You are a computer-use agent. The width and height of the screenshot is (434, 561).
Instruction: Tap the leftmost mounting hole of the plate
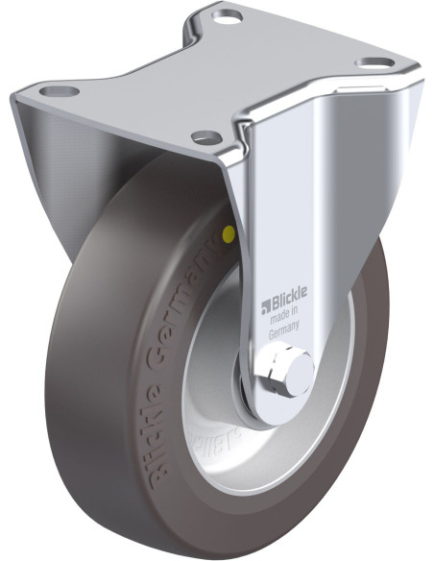(x=60, y=92)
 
